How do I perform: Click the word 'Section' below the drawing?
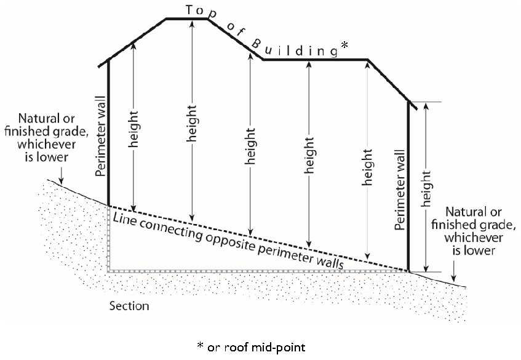pyautogui.click(x=129, y=306)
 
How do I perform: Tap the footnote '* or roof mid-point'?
pyautogui.click(x=251, y=347)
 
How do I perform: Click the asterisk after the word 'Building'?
pyautogui.click(x=345, y=45)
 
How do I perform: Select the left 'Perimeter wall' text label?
pyautogui.click(x=100, y=136)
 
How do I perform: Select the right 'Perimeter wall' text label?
pyautogui.click(x=400, y=190)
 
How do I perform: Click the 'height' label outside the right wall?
pyautogui.click(x=426, y=189)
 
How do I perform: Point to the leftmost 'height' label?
pyautogui.click(x=133, y=129)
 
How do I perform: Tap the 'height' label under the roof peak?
pyautogui.click(x=192, y=123)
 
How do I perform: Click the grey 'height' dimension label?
pyautogui.click(x=367, y=167)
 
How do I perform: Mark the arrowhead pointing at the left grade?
pyautogui.click(x=61, y=181)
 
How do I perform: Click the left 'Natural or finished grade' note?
pyautogui.click(x=47, y=138)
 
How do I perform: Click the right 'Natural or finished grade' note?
pyautogui.click(x=474, y=231)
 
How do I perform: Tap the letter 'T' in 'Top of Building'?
pyautogui.click(x=189, y=10)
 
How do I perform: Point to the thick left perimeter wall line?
pyautogui.click(x=108, y=133)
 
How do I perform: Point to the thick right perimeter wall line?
pyautogui.click(x=408, y=186)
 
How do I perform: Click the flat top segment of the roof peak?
pyautogui.click(x=187, y=19)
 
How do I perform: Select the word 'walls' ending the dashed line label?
pyautogui.click(x=330, y=262)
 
